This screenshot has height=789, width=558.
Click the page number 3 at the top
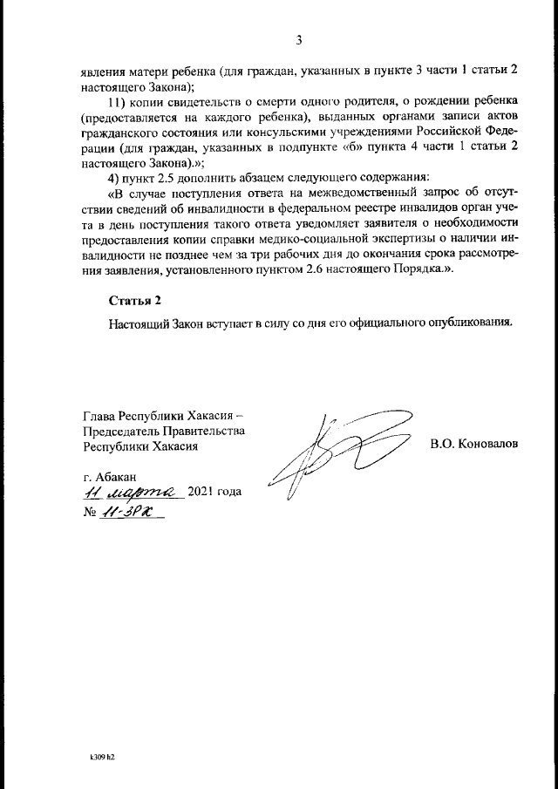[x=299, y=40]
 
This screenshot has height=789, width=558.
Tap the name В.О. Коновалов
[x=473, y=444]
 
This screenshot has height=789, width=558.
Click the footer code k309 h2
[x=102, y=758]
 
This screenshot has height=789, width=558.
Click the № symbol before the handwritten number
[x=88, y=513]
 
